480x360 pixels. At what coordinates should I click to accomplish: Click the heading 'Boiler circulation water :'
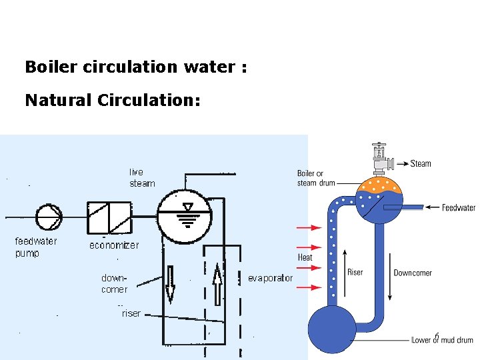(x=135, y=67)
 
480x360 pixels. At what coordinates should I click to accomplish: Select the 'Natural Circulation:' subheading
(x=113, y=100)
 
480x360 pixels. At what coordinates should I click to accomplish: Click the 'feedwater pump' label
(x=36, y=247)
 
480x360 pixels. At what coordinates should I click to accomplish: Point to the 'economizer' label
(x=114, y=245)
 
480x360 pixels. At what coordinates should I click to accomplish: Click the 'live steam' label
(x=141, y=178)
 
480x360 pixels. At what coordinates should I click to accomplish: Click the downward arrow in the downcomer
(x=170, y=283)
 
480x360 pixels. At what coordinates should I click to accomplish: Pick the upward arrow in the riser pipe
(x=217, y=283)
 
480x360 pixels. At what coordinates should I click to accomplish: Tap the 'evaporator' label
(x=270, y=278)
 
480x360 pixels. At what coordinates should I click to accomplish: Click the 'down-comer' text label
(x=114, y=283)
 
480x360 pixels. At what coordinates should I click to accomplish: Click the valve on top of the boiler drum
(x=380, y=160)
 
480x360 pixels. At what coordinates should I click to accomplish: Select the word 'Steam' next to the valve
(x=421, y=163)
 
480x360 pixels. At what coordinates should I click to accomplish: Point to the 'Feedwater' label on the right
(x=459, y=208)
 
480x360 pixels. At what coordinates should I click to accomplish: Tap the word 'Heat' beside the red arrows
(x=305, y=257)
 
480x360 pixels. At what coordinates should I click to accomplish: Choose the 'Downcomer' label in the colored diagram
(x=412, y=273)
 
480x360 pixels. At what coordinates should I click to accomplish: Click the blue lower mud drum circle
(x=332, y=328)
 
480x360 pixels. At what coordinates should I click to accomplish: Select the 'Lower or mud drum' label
(x=442, y=340)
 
